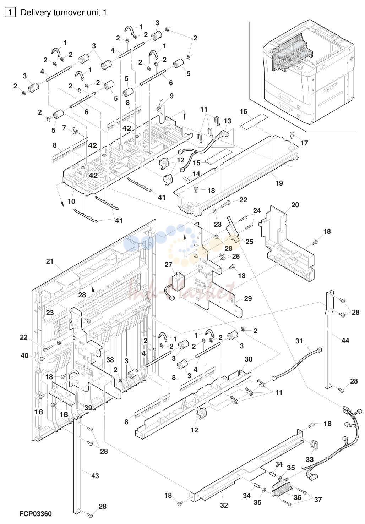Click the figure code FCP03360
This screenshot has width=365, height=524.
pyautogui.click(x=36, y=514)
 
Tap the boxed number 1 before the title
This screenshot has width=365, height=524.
pyautogui.click(x=10, y=12)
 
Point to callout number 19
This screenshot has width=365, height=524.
pyautogui.click(x=279, y=183)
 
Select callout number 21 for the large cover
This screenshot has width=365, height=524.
pyautogui.click(x=50, y=261)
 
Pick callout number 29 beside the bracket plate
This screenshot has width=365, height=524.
pyautogui.click(x=248, y=298)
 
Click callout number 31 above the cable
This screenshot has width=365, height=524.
pyautogui.click(x=299, y=341)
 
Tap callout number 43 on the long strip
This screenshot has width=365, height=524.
pyautogui.click(x=95, y=476)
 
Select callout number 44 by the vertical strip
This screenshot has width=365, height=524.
pyautogui.click(x=345, y=341)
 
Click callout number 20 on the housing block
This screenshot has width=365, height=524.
pyautogui.click(x=295, y=205)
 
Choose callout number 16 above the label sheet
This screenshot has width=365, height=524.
pyautogui.click(x=244, y=112)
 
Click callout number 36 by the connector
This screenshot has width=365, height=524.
pyautogui.click(x=297, y=497)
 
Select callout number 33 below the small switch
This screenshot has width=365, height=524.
pyautogui.click(x=310, y=459)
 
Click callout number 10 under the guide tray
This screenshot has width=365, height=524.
pyautogui.click(x=71, y=201)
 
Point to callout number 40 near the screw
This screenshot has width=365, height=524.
pyautogui.click(x=24, y=355)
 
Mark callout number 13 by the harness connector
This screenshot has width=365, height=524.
pyautogui.click(x=227, y=121)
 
